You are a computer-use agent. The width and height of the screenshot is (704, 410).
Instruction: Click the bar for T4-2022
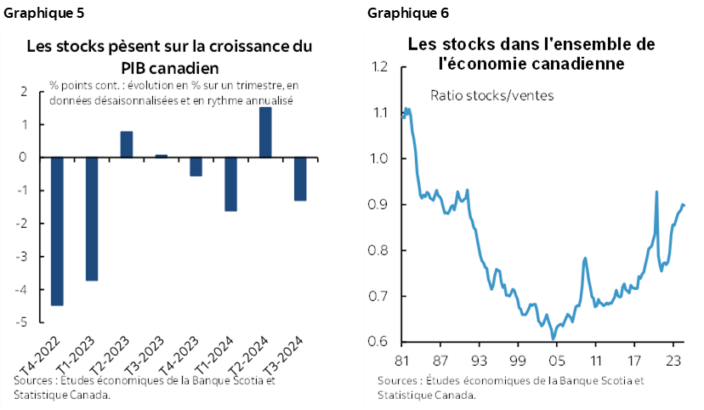(57, 231)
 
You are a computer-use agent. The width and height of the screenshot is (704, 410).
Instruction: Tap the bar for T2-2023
(127, 145)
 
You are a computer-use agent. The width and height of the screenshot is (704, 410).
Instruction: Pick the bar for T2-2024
(265, 132)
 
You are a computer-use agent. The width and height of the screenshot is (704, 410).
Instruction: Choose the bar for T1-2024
(230, 184)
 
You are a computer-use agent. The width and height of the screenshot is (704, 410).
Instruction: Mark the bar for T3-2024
(300, 179)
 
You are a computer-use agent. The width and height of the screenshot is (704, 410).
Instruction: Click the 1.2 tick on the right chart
(378, 67)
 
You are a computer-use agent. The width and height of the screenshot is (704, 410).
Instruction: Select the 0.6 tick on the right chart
(378, 342)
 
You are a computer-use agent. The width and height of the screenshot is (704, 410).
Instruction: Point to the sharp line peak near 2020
(656, 191)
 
